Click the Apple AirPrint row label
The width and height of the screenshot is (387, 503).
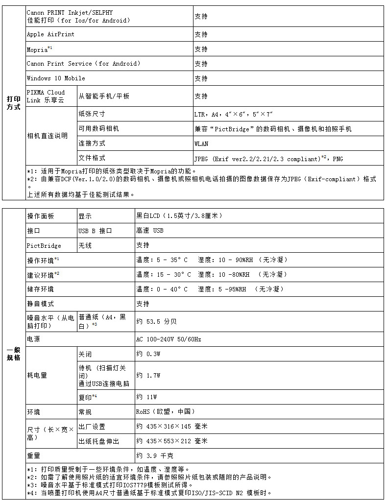50,34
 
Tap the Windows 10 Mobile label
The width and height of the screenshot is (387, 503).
55,78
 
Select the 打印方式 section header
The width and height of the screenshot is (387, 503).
14,103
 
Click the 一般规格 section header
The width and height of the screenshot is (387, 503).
14,354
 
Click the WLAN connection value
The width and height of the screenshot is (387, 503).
201,144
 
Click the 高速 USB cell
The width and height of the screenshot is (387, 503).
150,231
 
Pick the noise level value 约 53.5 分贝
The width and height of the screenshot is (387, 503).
156,322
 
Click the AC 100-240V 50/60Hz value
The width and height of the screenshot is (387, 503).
169,339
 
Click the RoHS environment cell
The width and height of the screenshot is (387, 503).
166,411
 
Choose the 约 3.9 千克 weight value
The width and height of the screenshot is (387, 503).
155,455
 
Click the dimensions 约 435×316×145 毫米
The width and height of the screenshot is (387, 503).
172,427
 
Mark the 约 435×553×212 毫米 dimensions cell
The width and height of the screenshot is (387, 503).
172,441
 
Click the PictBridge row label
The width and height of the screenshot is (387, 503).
44,245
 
